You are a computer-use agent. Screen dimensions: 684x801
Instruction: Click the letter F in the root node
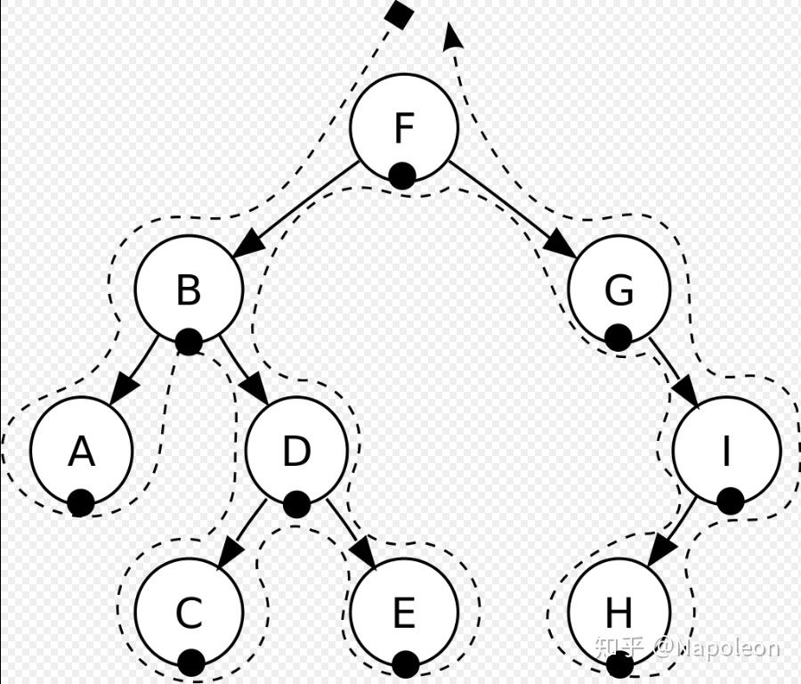403,128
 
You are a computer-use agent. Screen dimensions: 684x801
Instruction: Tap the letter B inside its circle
188,290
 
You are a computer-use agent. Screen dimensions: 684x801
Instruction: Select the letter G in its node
619,290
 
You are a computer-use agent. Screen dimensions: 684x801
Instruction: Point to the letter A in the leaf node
81,452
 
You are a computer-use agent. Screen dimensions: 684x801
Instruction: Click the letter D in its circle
295,452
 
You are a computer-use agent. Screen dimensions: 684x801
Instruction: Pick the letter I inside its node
725,452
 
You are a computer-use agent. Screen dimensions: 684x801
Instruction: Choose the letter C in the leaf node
188,613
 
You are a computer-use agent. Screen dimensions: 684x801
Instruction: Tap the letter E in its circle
403,613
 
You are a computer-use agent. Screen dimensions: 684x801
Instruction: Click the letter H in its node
618,613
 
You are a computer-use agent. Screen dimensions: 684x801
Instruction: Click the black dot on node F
402,175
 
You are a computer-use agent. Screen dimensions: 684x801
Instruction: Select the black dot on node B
188,340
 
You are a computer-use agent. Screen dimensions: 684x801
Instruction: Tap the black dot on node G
618,337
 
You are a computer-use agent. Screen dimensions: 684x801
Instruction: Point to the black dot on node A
81,503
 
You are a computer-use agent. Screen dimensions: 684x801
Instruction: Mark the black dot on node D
296,504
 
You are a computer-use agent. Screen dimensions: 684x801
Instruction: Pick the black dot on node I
730,501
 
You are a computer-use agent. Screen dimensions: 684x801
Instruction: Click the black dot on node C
190,663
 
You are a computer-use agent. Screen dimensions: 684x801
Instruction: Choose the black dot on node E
405,664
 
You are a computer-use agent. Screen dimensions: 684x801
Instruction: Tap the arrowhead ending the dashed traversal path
452,33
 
